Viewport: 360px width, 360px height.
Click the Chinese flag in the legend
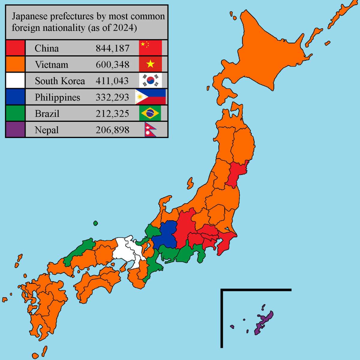(x=150, y=48)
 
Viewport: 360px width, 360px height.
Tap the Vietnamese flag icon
(x=150, y=64)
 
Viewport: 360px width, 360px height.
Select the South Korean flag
(x=150, y=80)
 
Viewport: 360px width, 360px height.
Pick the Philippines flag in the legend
(x=150, y=97)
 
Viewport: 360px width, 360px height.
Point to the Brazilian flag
(x=150, y=113)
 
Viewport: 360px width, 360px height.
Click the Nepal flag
(x=150, y=130)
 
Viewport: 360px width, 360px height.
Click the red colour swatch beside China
(x=15, y=48)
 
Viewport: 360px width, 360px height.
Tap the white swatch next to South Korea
(x=15, y=80)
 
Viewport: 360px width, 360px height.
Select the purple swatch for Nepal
(x=15, y=130)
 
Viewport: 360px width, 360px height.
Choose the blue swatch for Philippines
(x=15, y=97)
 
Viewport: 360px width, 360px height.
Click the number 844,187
(x=112, y=48)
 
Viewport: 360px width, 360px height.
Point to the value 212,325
(x=112, y=114)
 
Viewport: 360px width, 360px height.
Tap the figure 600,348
(x=112, y=64)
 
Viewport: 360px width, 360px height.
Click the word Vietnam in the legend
(x=51, y=64)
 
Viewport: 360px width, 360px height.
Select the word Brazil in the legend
(x=47, y=114)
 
